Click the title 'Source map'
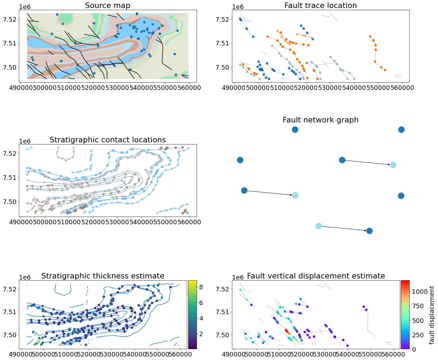pyautogui.click(x=107, y=6)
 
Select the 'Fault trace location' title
pyautogui.click(x=320, y=6)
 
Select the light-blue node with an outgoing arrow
pyautogui.click(x=318, y=226)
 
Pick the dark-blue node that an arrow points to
pyautogui.click(x=369, y=231)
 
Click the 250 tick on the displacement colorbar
pyautogui.click(x=409, y=335)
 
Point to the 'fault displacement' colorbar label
pyautogui.click(x=432, y=315)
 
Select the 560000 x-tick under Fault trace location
pyautogui.click(x=402, y=88)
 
